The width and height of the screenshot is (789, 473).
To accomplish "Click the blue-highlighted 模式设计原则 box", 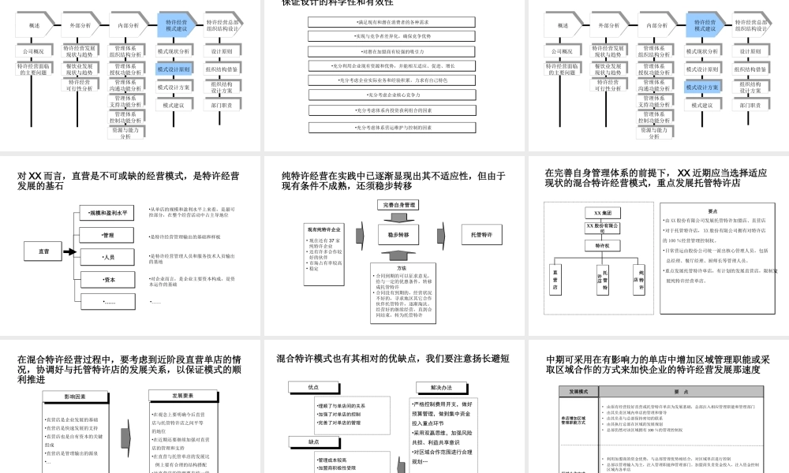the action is [x=173, y=69].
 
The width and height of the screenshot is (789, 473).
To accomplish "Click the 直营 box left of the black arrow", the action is [x=44, y=251].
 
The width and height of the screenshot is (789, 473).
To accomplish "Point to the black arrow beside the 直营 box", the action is [x=69, y=252].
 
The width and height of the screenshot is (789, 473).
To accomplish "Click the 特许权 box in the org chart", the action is [x=604, y=245].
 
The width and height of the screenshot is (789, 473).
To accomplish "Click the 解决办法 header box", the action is [x=441, y=387].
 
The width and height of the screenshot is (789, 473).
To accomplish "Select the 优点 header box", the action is [x=314, y=387].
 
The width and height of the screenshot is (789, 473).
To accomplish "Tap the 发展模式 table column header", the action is [x=573, y=392].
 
